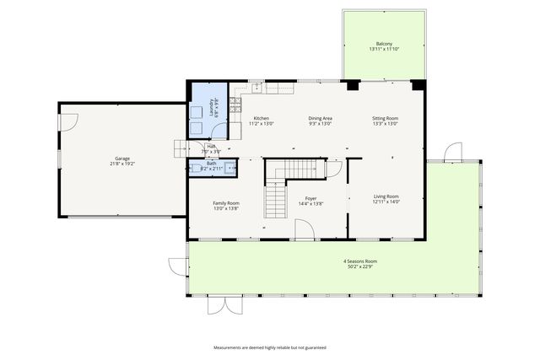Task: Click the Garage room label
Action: [x=122, y=158]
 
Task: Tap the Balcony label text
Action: [x=383, y=44]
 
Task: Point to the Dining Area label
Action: [x=320, y=118]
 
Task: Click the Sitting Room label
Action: [x=385, y=118]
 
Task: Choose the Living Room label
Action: [x=386, y=197]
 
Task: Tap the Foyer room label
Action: [x=310, y=198]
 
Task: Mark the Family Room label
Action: [x=226, y=203]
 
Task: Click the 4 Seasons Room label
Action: [x=360, y=261]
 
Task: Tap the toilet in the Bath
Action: [x=196, y=168]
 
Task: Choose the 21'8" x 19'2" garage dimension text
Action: [x=122, y=164]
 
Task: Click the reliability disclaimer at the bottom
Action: [x=269, y=347]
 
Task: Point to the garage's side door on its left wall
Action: [x=62, y=121]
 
